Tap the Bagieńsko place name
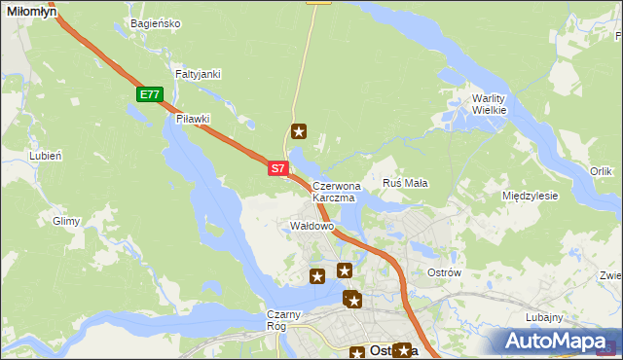coord(156,22)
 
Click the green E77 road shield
coord(149,94)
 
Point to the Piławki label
coord(193,119)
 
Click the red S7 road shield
coord(277,168)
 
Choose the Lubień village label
coord(46,155)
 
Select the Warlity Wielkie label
coord(489,104)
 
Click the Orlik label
coord(601,171)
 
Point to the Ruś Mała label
coord(405,183)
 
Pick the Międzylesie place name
coord(530,196)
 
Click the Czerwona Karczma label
coord(337,191)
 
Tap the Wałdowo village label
coord(312,226)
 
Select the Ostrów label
coord(444,272)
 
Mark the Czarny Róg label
coord(286,320)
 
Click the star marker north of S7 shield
coord(300,131)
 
